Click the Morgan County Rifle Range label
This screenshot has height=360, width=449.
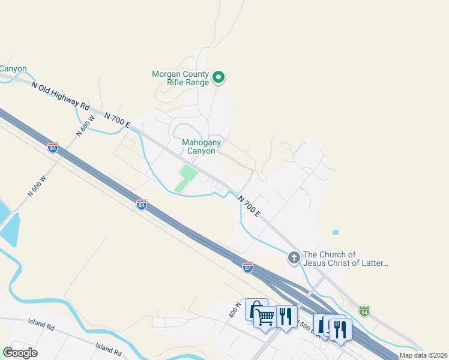(x=180, y=78)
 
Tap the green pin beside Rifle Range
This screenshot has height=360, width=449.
(x=219, y=77)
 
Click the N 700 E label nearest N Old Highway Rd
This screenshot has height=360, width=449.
(x=117, y=119)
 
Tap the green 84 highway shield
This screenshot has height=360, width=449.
(x=364, y=311)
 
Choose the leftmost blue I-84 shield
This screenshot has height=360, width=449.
(x=53, y=148)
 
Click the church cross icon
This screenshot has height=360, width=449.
(x=294, y=258)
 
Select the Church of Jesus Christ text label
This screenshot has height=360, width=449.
(x=346, y=259)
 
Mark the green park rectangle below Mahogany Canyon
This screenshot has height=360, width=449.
(x=187, y=179)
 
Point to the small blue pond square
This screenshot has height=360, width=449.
(x=335, y=232)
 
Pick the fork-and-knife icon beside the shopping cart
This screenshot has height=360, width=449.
(x=286, y=315)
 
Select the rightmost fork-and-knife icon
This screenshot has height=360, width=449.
(x=341, y=328)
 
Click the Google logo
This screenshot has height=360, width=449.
(x=20, y=352)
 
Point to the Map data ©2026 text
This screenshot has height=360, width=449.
(x=423, y=355)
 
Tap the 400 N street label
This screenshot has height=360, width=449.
(x=234, y=310)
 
